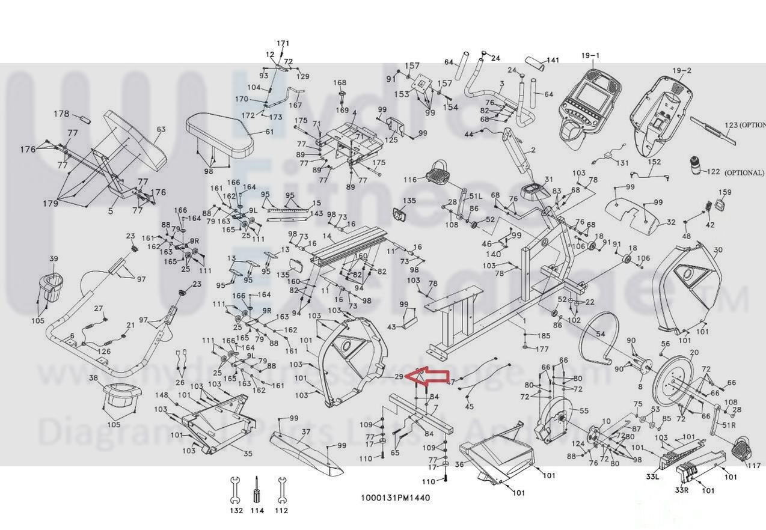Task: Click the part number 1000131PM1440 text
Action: pyautogui.click(x=395, y=498)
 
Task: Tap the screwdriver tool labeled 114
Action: pyautogui.click(x=257, y=489)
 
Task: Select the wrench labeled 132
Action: pyautogui.click(x=236, y=489)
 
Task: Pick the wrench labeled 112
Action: pyautogui.click(x=281, y=489)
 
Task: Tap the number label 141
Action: pyautogui.click(x=553, y=60)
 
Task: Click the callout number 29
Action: pyautogui.click(x=399, y=377)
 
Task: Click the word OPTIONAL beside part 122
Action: pyautogui.click(x=744, y=172)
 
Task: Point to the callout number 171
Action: pyautogui.click(x=283, y=43)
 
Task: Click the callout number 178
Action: pyautogui.click(x=61, y=114)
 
